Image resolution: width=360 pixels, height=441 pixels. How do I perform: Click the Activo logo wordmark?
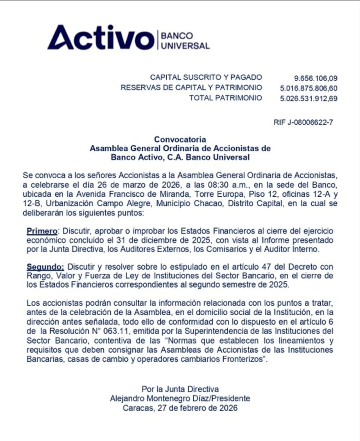pyautogui.click(x=100, y=38)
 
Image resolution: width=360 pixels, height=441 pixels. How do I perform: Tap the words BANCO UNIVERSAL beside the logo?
pyautogui.click(x=185, y=40)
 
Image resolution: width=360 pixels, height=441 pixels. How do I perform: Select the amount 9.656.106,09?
pyautogui.click(x=316, y=78)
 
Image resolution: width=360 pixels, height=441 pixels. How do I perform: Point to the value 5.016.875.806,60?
pyautogui.click(x=309, y=88)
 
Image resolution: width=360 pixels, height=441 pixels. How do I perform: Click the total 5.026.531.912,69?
pyautogui.click(x=309, y=99)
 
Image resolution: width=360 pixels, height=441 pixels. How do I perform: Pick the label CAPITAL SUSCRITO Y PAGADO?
pyautogui.click(x=206, y=78)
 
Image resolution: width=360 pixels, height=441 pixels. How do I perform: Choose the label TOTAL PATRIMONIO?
pyautogui.click(x=226, y=98)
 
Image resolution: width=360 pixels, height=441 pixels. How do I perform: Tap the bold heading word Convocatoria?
pyautogui.click(x=180, y=140)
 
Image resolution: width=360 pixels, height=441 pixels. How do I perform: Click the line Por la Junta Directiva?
pyautogui.click(x=180, y=389)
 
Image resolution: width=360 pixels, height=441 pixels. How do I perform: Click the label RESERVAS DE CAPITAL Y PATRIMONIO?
pyautogui.click(x=191, y=88)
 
